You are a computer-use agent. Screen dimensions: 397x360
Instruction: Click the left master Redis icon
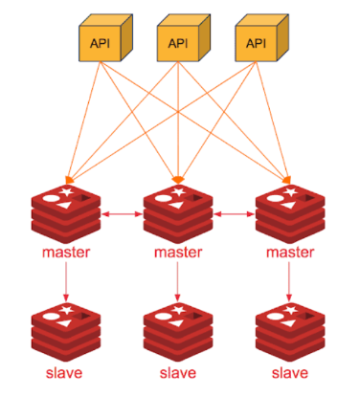point(66,215)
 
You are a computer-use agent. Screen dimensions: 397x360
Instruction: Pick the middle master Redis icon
point(178,215)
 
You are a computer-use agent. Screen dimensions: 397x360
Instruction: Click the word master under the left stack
point(66,254)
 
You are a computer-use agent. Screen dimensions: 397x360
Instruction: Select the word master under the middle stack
point(178,254)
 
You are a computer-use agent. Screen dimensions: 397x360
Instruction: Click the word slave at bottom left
point(66,373)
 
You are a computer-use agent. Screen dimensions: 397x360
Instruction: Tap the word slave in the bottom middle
point(178,373)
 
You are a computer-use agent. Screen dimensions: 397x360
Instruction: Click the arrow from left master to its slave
point(66,283)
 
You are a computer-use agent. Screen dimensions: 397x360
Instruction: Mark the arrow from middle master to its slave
point(178,283)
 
